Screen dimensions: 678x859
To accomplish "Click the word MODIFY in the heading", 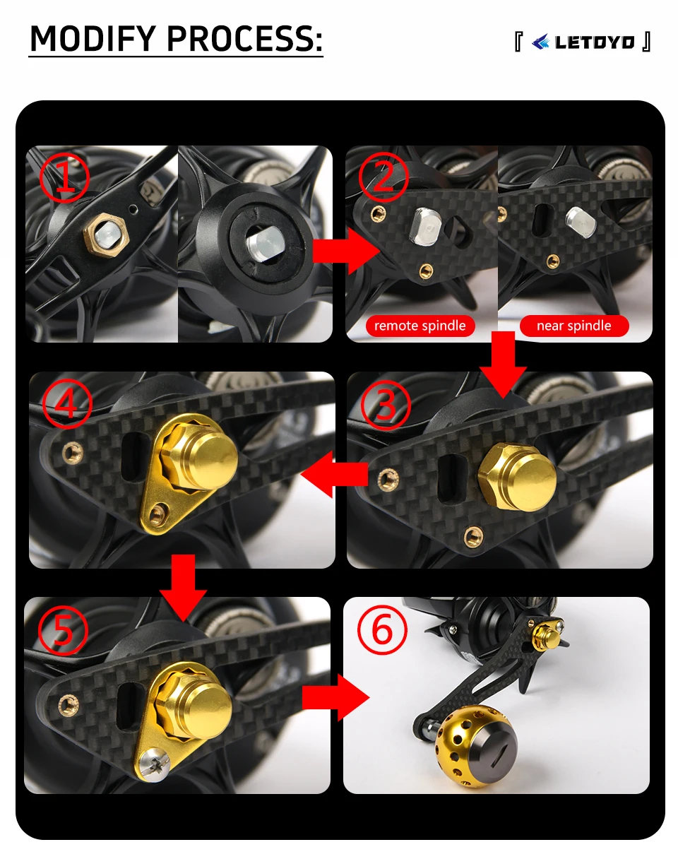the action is coord(93,38).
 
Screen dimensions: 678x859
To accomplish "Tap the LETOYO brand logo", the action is coord(583,42).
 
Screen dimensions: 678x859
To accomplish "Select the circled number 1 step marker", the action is coord(64,178).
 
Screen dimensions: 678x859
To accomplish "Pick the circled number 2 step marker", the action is coord(383,177).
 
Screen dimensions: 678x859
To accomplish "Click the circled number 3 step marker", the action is coord(386,405).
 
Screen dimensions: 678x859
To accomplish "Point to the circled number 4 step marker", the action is coord(67,403).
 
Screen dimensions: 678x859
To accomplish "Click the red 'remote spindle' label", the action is coord(420,326).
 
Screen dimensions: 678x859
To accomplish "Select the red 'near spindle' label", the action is coord(574,326).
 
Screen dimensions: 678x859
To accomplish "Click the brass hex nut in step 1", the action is coord(105,236).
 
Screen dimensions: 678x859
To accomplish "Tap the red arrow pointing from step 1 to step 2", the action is coord(346,251).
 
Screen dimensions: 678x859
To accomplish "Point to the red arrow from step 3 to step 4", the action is coord(335,474).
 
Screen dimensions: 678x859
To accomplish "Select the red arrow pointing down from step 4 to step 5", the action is coord(183,588).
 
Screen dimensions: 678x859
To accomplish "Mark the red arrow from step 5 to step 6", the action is coord(336,698).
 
